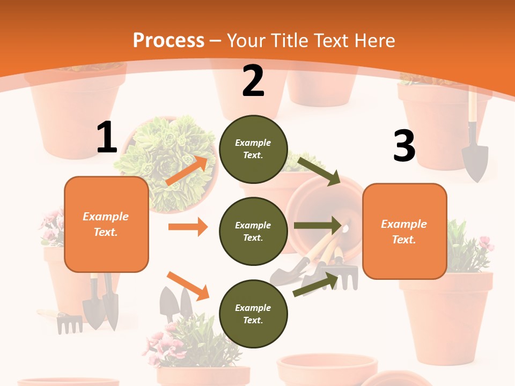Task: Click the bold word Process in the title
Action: [168, 40]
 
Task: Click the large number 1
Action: [107, 138]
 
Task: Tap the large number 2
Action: [253, 81]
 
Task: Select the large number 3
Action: [404, 146]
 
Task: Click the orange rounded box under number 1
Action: [106, 224]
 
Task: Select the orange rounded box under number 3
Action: [404, 231]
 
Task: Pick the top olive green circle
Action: [253, 149]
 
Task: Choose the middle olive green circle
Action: [253, 231]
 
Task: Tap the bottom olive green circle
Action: [253, 314]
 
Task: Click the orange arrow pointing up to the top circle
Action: [187, 171]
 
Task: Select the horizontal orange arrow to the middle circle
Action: [188, 227]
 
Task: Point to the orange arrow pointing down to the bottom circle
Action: [188, 285]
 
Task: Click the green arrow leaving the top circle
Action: [319, 170]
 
